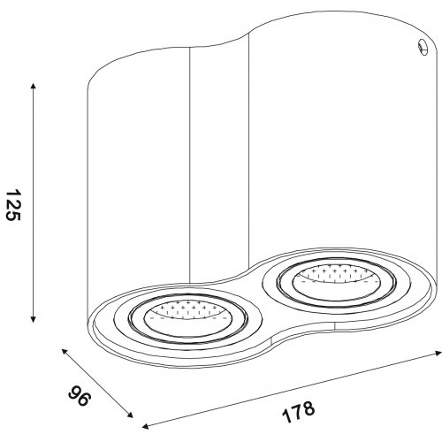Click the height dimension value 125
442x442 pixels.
(13, 205)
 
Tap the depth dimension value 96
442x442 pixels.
(79, 395)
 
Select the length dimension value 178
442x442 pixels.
(299, 411)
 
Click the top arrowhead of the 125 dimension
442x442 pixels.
(34, 86)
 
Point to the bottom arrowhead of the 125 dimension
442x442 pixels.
(34, 319)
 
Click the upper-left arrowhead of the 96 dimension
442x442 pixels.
(65, 352)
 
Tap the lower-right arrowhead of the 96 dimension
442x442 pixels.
(130, 415)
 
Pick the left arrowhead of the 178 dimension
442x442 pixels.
(145, 426)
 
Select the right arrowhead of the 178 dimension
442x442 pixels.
(438, 354)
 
